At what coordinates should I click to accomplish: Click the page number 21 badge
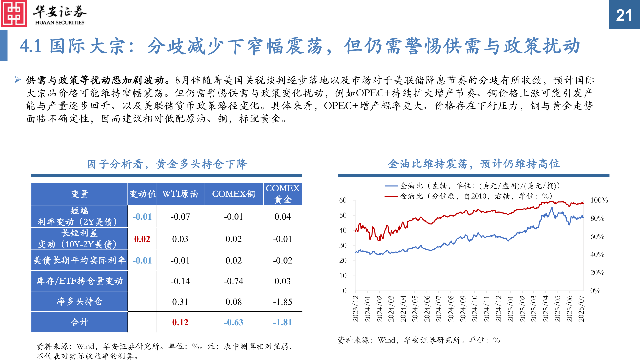[x=624, y=15]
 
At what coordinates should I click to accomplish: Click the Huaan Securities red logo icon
[x=14, y=14]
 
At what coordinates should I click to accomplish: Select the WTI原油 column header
[x=180, y=194]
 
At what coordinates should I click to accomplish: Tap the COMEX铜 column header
[x=233, y=194]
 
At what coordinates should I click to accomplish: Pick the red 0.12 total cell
[x=180, y=322]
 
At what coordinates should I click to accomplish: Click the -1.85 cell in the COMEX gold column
[x=282, y=302]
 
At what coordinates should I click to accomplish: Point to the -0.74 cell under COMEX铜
[x=233, y=281]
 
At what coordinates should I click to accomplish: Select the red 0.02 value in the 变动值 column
[x=142, y=239]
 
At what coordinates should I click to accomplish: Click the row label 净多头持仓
[x=79, y=301]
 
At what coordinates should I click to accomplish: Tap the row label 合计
[x=79, y=322]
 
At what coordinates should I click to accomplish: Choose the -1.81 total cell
[x=282, y=322]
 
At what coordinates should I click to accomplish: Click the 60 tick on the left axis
[x=343, y=200]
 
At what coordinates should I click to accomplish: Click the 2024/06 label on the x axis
[x=427, y=308]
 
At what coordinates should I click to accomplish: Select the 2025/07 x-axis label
[x=581, y=308]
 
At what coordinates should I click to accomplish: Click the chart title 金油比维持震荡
[x=474, y=164]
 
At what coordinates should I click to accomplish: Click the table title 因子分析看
[x=167, y=164]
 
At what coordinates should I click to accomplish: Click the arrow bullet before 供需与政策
[x=18, y=80]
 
